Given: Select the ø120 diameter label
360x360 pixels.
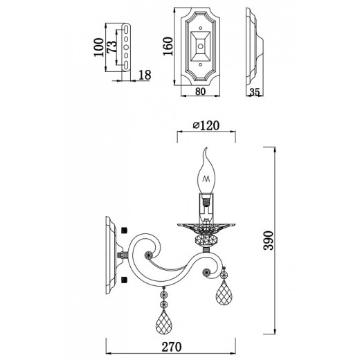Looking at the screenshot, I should click(x=206, y=126).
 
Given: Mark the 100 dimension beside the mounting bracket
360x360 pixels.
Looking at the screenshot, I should click(x=100, y=47).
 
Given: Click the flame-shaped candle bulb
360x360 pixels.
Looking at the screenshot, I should click(x=206, y=173).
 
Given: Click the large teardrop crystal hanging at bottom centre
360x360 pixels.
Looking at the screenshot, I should click(x=164, y=319).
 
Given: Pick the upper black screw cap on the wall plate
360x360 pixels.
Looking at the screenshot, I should click(x=125, y=229).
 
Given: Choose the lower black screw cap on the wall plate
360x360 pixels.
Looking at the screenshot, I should click(x=125, y=279).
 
